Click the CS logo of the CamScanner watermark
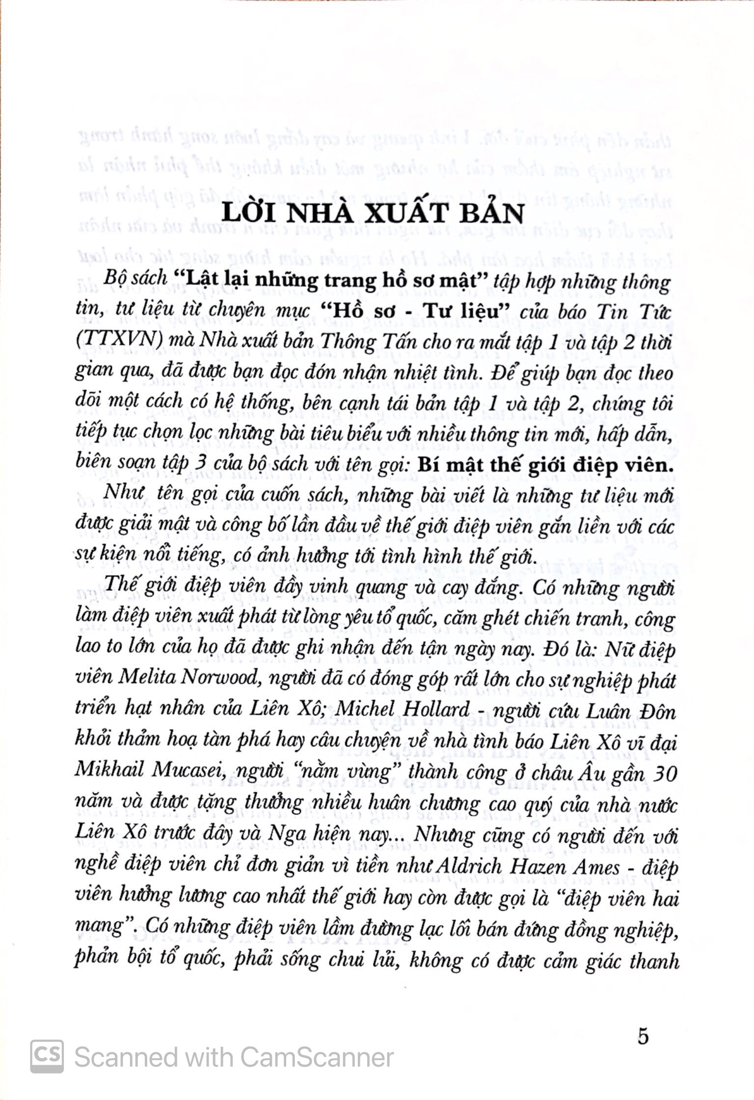(x=47, y=1056)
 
